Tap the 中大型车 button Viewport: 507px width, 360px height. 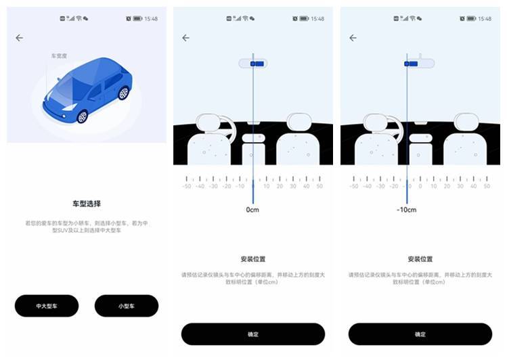point(47,306)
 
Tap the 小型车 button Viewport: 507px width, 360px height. point(127,306)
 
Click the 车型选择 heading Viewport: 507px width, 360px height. point(87,203)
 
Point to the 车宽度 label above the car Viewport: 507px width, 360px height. point(60,55)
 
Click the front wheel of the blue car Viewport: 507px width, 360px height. point(82,116)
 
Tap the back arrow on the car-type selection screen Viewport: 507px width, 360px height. point(19,38)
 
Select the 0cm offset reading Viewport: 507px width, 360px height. point(252,210)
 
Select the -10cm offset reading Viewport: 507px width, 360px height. point(406,210)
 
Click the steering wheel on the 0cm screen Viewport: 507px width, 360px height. point(215,127)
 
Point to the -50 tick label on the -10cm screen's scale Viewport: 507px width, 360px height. point(354,186)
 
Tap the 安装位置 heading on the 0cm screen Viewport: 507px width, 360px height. point(252,259)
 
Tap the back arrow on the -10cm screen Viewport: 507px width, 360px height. point(353,38)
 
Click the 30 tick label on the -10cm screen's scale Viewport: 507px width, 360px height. point(460,186)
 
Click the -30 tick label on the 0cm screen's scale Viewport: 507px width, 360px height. point(213,186)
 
